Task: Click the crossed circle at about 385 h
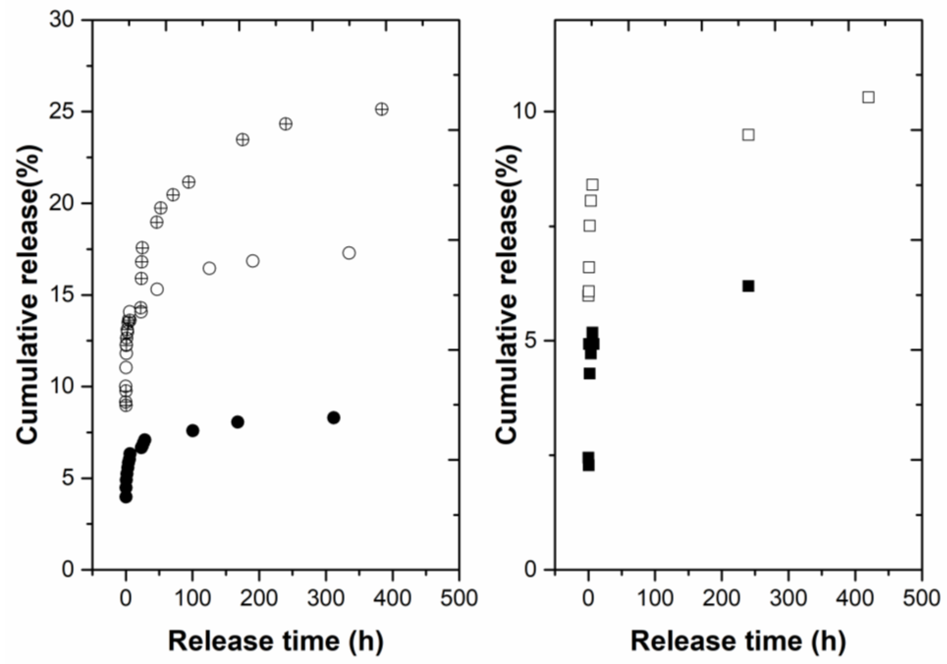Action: click(382, 109)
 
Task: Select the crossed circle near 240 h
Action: click(285, 124)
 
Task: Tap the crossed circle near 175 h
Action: click(242, 139)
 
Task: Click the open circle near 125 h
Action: click(209, 268)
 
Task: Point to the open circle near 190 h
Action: click(253, 261)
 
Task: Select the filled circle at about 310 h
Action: click(334, 418)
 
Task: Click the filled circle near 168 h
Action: click(238, 422)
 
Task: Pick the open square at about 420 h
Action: click(868, 97)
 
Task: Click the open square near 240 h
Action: click(748, 135)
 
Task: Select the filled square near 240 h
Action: click(748, 286)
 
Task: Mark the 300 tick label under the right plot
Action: click(789, 598)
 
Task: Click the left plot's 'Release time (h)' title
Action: click(276, 641)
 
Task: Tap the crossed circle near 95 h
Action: click(188, 182)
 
